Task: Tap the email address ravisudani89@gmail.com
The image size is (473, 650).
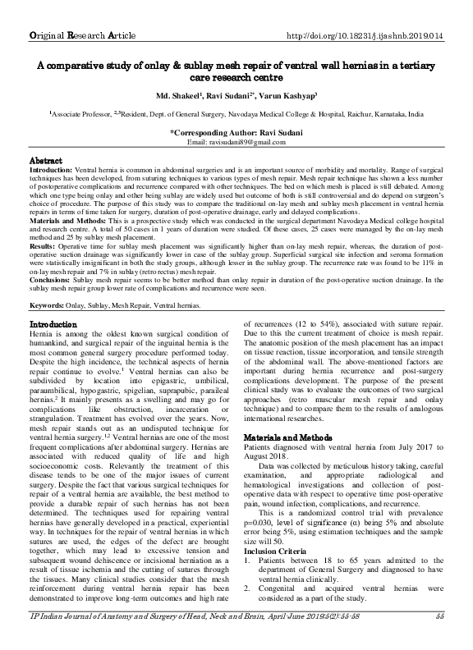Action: point(236,142)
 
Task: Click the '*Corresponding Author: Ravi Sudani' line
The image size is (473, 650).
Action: point(236,133)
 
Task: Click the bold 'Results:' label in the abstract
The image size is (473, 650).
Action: point(45,245)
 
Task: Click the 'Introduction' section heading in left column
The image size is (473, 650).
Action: point(58,326)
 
